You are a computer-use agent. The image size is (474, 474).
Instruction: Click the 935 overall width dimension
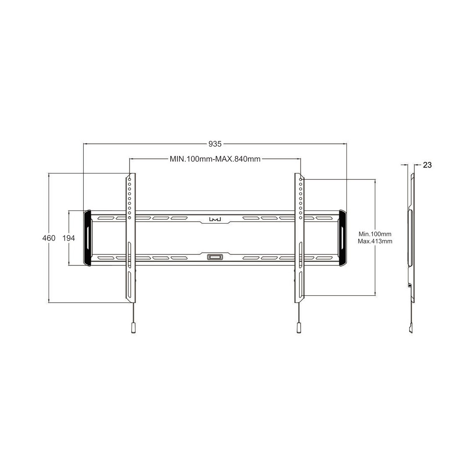pyautogui.click(x=215, y=144)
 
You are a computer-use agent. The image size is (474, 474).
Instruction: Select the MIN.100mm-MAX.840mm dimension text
pyautogui.click(x=215, y=159)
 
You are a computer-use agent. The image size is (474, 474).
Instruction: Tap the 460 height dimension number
pyautogui.click(x=49, y=238)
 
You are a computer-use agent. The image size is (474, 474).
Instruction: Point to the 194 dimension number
pyautogui.click(x=69, y=238)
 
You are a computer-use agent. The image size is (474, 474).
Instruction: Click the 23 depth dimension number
pyautogui.click(x=427, y=165)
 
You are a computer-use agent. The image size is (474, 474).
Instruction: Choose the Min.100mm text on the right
pyautogui.click(x=375, y=234)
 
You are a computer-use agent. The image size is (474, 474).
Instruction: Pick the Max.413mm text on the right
pyautogui.click(x=375, y=241)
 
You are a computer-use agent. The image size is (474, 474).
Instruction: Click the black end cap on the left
pyautogui.click(x=87, y=238)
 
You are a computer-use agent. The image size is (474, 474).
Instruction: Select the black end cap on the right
pyautogui.click(x=343, y=238)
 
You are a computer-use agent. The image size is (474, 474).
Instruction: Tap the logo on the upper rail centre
pyautogui.click(x=215, y=219)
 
